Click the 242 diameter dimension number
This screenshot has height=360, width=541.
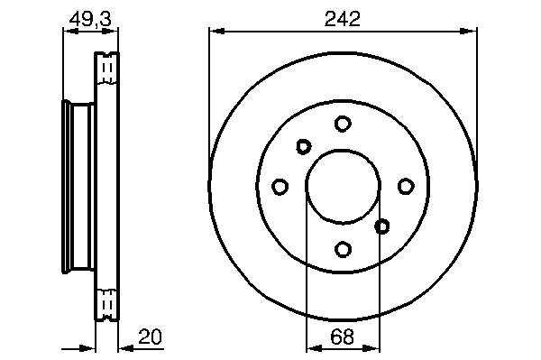click(343, 19)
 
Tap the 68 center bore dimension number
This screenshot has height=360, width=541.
click(343, 337)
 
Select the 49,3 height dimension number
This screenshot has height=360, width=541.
click(90, 19)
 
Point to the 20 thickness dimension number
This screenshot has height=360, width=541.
click(150, 337)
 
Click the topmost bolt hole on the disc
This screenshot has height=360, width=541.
click(343, 124)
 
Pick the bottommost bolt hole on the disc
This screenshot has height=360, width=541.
click(343, 249)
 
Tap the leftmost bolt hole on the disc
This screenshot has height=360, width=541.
click(280, 187)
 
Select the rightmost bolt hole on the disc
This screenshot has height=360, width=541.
click(406, 187)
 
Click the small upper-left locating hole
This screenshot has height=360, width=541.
click(304, 147)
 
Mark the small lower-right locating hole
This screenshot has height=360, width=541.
click(382, 226)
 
